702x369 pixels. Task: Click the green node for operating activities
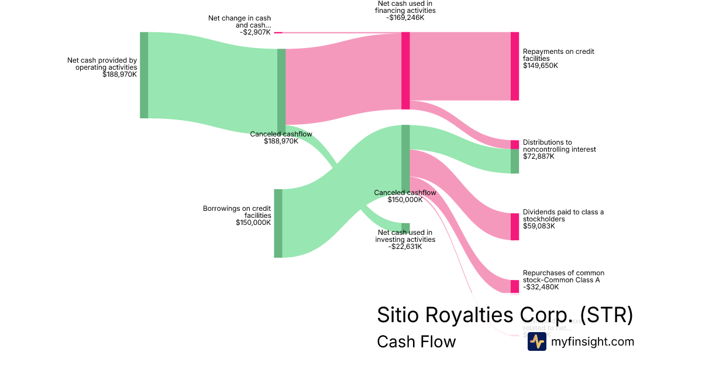click(x=144, y=75)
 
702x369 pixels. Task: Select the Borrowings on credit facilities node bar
click(x=278, y=223)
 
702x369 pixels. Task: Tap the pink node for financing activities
click(x=405, y=70)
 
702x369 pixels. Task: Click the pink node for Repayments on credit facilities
click(x=515, y=66)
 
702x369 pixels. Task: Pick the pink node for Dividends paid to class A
click(x=515, y=227)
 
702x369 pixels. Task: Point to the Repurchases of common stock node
click(x=515, y=286)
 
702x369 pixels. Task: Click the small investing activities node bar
click(x=405, y=228)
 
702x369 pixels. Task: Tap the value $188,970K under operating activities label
click(x=119, y=74)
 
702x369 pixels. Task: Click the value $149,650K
click(x=541, y=66)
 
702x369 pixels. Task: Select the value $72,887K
click(x=539, y=156)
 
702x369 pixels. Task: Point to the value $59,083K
click(x=539, y=226)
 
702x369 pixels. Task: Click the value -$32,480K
click(x=541, y=287)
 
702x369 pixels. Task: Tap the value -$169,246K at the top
click(x=405, y=18)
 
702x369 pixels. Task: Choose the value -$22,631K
click(x=405, y=247)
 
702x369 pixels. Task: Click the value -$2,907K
click(x=255, y=32)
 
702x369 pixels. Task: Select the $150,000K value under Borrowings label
click(x=253, y=223)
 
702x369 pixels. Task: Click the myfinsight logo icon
click(x=536, y=341)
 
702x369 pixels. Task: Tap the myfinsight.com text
click(x=593, y=341)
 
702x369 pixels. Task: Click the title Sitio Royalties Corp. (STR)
click(x=505, y=315)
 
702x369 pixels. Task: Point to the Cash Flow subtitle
click(x=416, y=341)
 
